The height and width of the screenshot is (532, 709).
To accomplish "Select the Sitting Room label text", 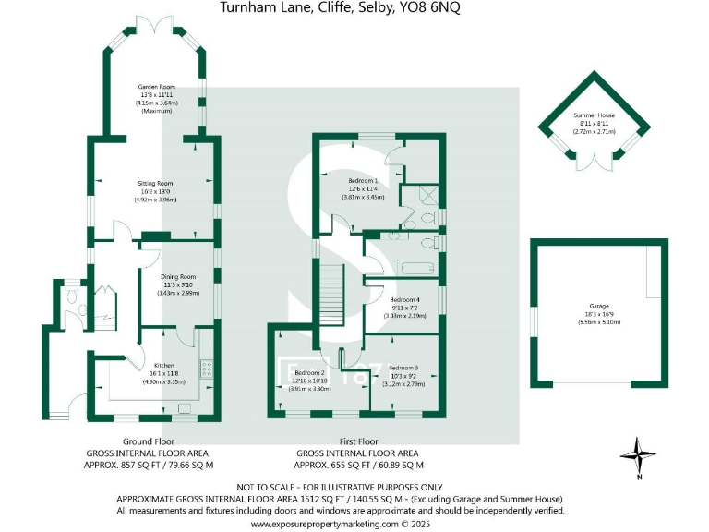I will pos(154,183).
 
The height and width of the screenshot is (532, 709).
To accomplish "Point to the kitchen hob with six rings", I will pos(207,367).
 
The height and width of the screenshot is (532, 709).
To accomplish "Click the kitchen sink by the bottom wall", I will pos(185,405).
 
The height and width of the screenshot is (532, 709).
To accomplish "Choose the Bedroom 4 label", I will pos(405,300).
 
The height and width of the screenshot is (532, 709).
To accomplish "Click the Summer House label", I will pos(597,115).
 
